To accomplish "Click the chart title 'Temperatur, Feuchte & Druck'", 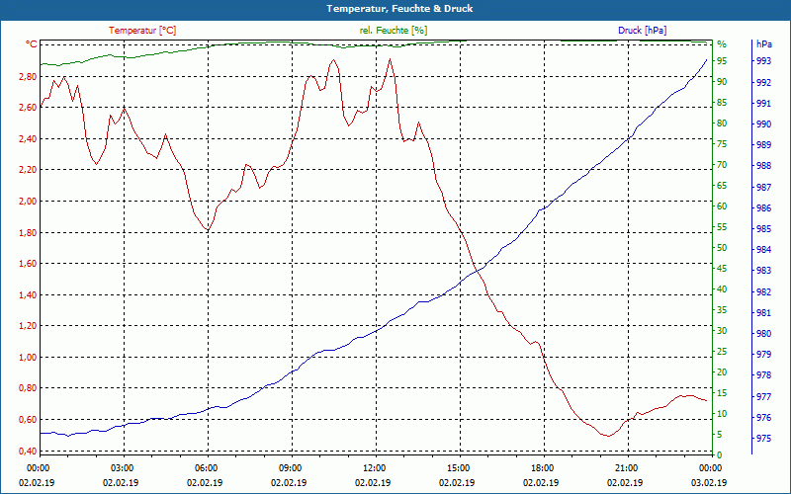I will (395, 9).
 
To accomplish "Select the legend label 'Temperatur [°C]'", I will (142, 31).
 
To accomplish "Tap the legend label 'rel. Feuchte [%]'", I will (393, 31).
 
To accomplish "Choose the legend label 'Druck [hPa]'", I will (642, 31).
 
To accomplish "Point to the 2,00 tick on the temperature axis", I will (25, 202).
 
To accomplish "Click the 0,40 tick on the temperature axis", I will (25, 452).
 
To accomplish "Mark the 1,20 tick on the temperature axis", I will (25, 326).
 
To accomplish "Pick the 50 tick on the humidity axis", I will (722, 248).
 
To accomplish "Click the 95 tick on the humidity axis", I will (722, 61).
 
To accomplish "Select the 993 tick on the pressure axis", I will (763, 61).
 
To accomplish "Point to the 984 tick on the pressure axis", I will (763, 249).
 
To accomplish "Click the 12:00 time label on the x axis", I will (374, 467).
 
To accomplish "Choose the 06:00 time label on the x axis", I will (207, 467).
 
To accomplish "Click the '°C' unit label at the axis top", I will (32, 44).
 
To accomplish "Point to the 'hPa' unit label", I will (763, 44).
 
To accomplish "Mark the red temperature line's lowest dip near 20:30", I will (608, 436).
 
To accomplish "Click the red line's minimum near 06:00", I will (207, 230).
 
